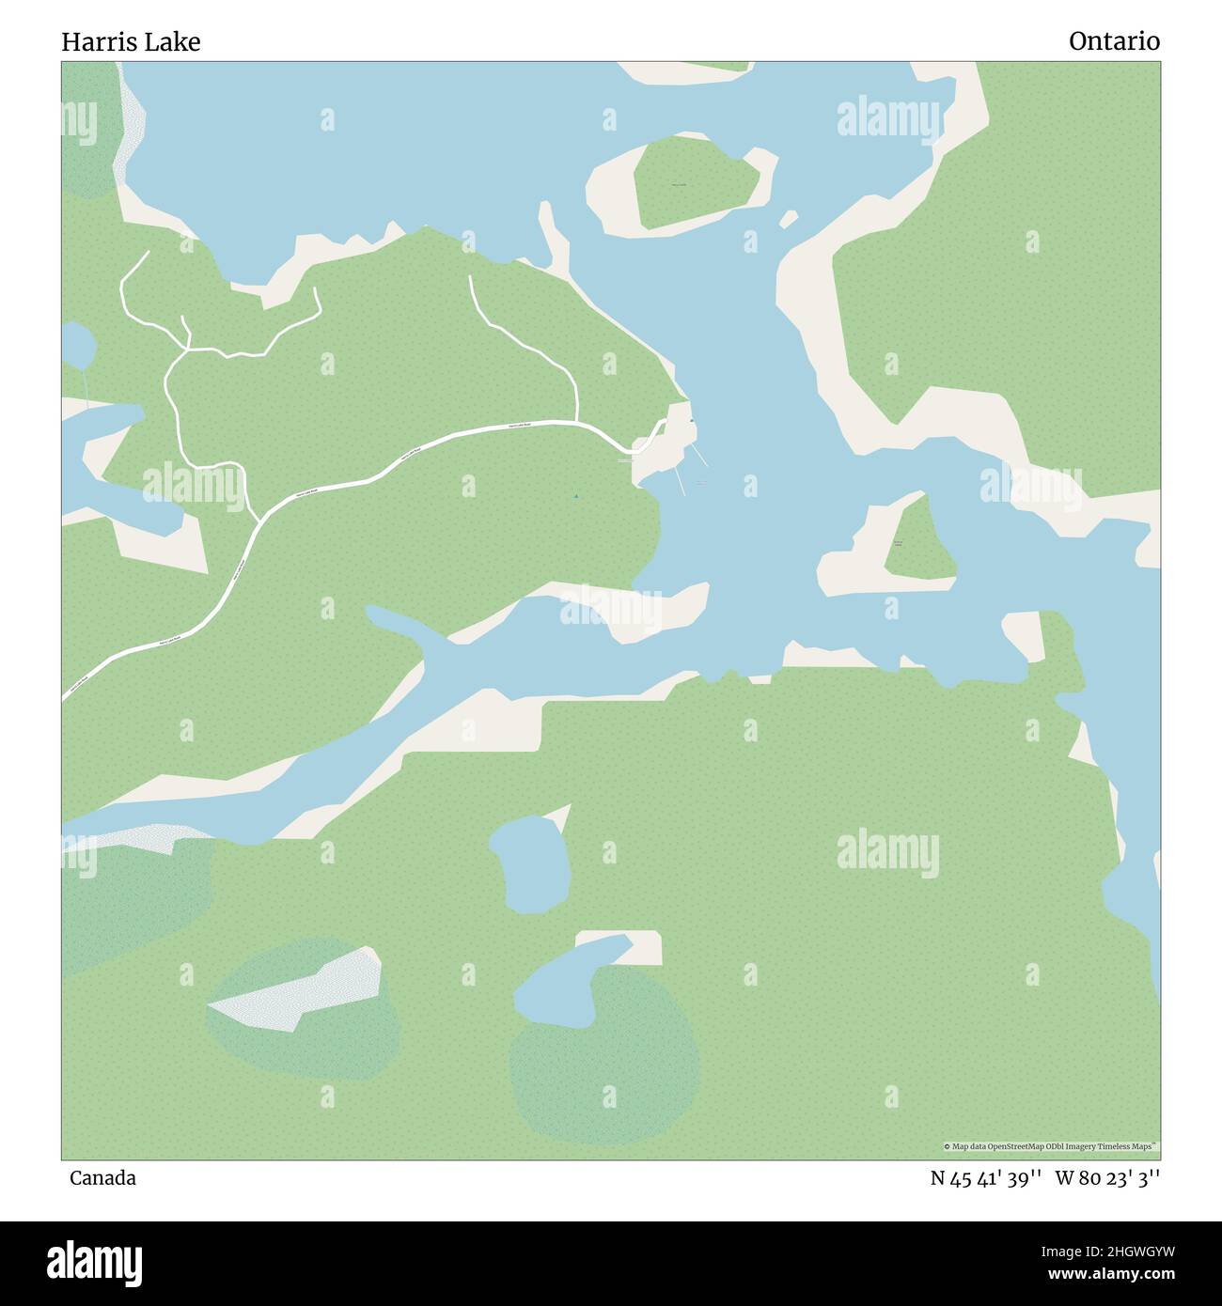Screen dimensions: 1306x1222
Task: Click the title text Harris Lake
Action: click(x=131, y=42)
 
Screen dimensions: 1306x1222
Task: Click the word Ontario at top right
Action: click(x=1114, y=41)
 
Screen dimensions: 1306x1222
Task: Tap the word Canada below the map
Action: click(x=102, y=1178)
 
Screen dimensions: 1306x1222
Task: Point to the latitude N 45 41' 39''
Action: click(x=985, y=1178)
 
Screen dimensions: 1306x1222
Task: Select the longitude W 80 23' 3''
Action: click(x=1107, y=1178)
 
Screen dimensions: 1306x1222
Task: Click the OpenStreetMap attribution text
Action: click(x=1051, y=1146)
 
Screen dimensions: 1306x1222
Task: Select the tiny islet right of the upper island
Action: click(x=789, y=218)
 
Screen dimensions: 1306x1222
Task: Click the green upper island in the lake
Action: click(x=693, y=182)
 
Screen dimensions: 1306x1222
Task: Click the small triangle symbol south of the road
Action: click(x=575, y=496)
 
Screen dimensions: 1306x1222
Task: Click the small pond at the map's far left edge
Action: click(x=77, y=346)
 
